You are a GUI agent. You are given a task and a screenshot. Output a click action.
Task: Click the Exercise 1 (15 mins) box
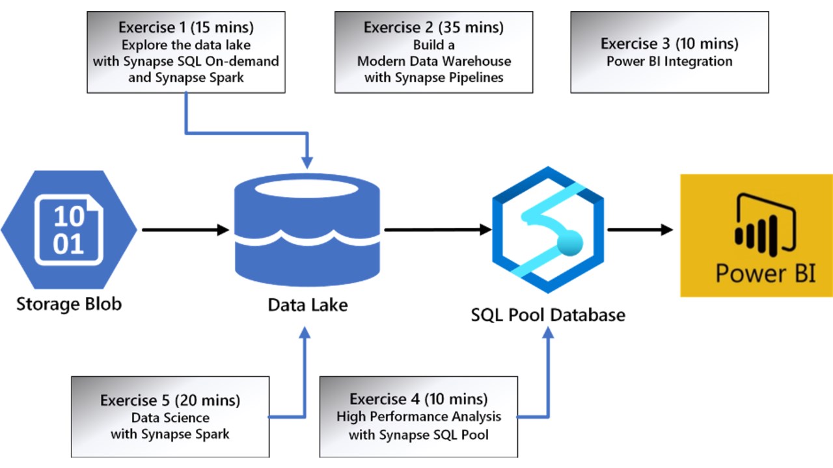pos(185,53)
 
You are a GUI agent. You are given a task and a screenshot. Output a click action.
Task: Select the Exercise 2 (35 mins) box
pos(433,53)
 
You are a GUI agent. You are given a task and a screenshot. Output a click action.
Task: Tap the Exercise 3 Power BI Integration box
pos(669,53)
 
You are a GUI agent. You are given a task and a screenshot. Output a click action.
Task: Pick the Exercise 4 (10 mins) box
pos(418,417)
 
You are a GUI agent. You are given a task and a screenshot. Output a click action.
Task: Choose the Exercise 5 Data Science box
pos(170,417)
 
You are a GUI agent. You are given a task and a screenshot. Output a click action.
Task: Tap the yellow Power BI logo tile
pos(756,235)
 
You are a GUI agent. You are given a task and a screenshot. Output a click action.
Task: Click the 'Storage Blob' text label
pos(69,304)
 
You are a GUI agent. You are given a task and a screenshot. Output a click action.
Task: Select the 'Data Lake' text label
pos(308,304)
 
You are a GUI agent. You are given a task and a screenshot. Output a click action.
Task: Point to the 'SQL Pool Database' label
pos(548,315)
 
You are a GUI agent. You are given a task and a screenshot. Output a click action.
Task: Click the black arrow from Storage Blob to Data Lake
pos(185,230)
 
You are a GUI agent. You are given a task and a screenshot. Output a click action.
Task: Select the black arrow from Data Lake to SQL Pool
pos(437,229)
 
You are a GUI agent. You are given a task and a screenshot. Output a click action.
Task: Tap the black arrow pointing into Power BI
pos(640,229)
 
